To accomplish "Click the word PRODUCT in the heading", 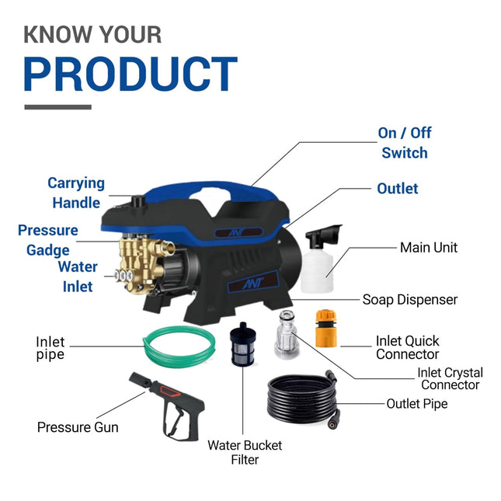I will (x=130, y=75).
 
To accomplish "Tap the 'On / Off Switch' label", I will (x=405, y=143).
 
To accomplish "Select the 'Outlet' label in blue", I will (x=398, y=189).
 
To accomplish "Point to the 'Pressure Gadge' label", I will (x=48, y=240).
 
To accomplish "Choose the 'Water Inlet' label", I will (x=78, y=277).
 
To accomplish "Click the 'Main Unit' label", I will (x=429, y=248).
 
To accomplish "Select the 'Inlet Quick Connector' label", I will (x=407, y=347).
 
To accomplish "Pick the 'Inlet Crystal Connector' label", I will (x=450, y=378).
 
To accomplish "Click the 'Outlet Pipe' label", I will (x=417, y=404).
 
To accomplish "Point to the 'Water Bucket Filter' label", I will (x=244, y=452).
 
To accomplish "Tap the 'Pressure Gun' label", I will (x=78, y=427).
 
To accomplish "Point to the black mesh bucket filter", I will (x=243, y=342).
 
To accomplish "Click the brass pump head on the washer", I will (x=141, y=260).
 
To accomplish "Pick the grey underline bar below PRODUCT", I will (x=57, y=107).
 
